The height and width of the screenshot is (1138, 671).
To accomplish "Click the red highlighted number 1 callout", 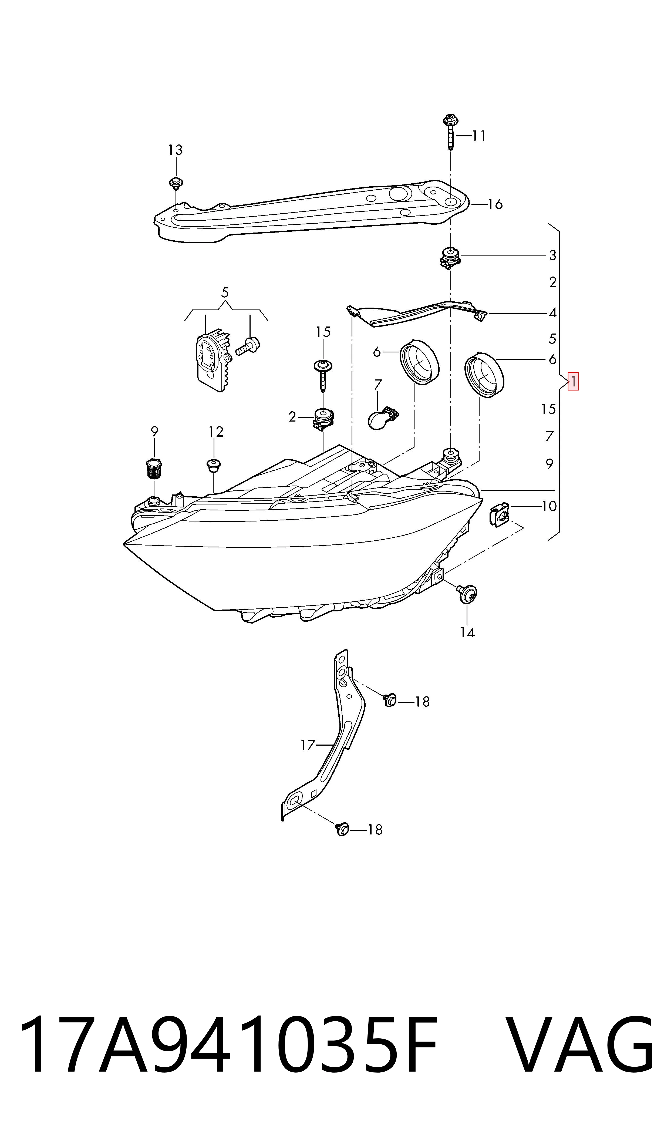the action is [x=573, y=381].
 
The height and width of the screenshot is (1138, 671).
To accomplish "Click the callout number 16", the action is [x=495, y=204].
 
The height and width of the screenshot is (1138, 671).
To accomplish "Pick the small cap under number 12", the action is [x=213, y=465].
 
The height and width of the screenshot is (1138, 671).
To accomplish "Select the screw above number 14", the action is [x=466, y=593].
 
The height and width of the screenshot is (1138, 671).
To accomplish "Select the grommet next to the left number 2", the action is [x=323, y=419].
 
